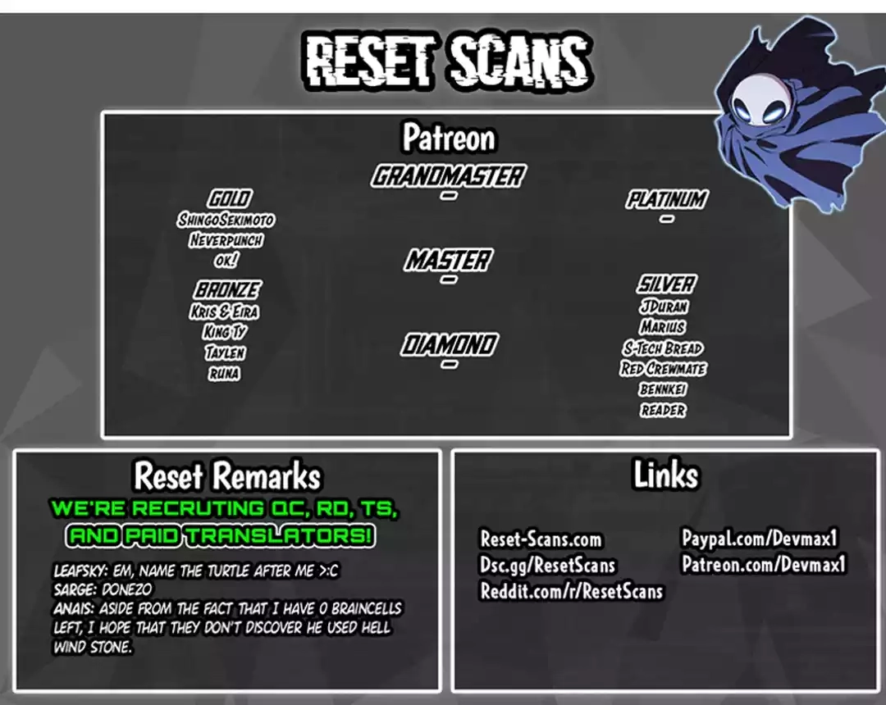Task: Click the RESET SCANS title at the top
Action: coord(449,61)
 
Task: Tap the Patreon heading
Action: coord(449,138)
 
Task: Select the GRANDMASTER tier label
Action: coord(449,176)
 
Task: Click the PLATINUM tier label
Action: coord(667,199)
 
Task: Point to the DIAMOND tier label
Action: coord(450,344)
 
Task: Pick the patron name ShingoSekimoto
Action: coord(226,220)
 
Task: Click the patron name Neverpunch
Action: coord(226,240)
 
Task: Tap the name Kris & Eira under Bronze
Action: coord(224,312)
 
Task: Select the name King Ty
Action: coord(225,332)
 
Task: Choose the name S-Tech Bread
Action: coord(664,348)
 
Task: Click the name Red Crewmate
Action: coord(663,369)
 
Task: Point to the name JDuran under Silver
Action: coord(664,307)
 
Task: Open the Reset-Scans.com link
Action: coord(541,539)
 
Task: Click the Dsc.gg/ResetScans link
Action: coord(547,565)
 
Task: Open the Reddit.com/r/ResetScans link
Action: coord(571,591)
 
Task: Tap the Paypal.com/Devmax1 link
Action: coord(760,538)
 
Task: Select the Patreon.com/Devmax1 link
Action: coord(764,564)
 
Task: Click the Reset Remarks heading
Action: coord(227,475)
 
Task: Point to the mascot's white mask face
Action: coord(756,100)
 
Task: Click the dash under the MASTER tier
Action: coord(449,280)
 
